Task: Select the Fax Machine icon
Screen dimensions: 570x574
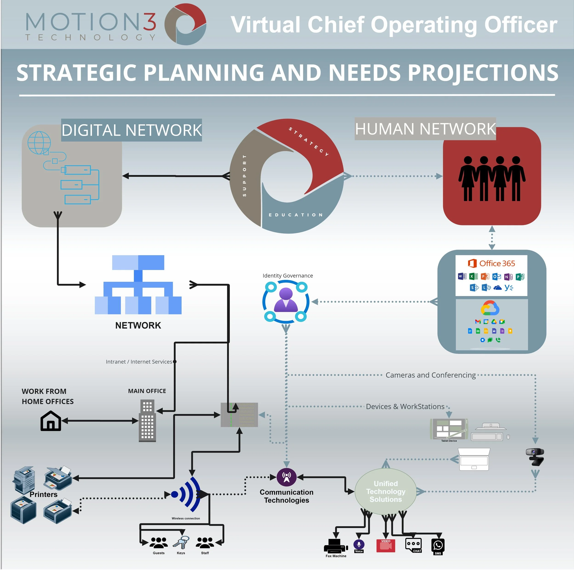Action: point(336,546)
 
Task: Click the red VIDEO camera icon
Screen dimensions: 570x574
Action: point(386,546)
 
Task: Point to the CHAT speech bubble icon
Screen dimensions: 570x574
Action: point(413,545)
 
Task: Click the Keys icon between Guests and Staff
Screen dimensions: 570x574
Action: point(181,543)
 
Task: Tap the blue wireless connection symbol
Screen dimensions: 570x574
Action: point(187,494)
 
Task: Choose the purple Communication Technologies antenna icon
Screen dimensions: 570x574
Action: point(286,477)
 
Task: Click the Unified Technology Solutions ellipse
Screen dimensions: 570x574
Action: point(386,491)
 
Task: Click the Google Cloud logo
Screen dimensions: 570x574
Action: point(490,308)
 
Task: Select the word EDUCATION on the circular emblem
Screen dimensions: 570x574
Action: point(296,215)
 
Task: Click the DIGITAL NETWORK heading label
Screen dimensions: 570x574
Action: point(131,130)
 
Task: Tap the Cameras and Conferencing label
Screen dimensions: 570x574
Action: point(430,375)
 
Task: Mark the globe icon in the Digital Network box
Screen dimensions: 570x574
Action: point(39,143)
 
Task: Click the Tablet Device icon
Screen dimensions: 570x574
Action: point(449,429)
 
